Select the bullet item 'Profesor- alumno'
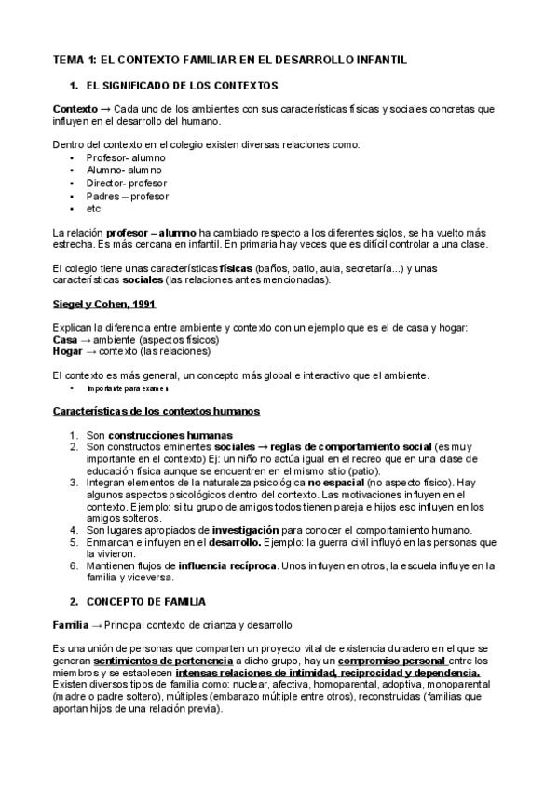click(125, 157)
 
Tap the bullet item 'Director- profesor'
click(127, 184)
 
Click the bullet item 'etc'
click(94, 209)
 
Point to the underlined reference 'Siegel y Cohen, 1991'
click(103, 305)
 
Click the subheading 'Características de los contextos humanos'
click(156, 411)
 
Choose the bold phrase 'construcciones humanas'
click(170, 435)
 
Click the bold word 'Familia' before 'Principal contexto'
click(71, 624)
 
